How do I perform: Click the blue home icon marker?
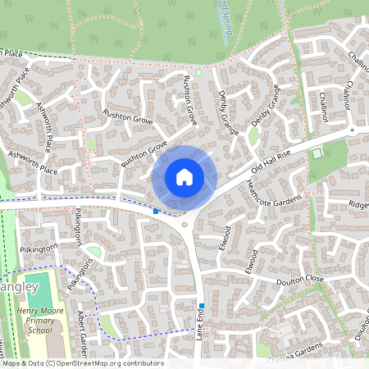click(x=184, y=177)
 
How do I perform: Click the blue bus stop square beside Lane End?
click(x=201, y=305)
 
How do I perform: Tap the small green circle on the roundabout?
click(x=185, y=225)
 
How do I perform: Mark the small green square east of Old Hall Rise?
click(x=317, y=153)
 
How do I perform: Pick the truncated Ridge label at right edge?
click(x=359, y=204)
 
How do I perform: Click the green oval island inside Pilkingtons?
click(x=94, y=252)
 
